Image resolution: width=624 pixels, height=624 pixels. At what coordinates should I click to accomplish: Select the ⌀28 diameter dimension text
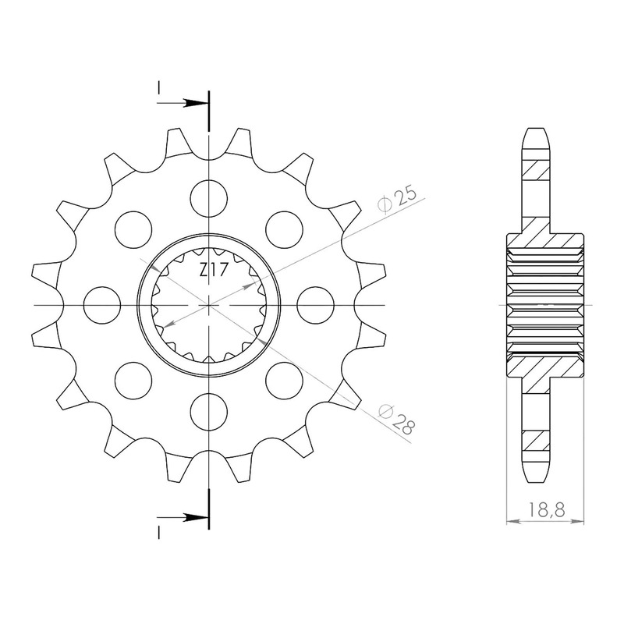pyautogui.click(x=397, y=420)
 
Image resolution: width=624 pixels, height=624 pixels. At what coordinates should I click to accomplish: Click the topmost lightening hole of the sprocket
pyautogui.click(x=209, y=199)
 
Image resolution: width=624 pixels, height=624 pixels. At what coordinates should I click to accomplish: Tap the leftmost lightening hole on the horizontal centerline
pyautogui.click(x=102, y=305)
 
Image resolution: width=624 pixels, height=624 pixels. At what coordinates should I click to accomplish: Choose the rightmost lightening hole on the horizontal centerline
pyautogui.click(x=316, y=305)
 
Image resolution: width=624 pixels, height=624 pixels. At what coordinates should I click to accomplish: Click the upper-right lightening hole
pyautogui.click(x=284, y=229)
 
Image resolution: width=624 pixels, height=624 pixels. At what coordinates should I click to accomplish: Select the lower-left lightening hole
pyautogui.click(x=133, y=381)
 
